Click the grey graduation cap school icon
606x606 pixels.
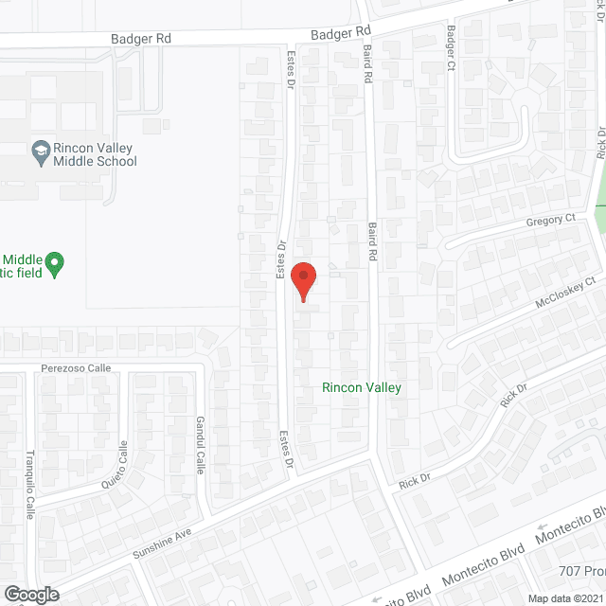pos(41,150)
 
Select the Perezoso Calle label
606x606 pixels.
pos(76,367)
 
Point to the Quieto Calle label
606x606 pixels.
pos(115,466)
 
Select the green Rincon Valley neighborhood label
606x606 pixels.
pos(362,387)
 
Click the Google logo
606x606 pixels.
pos(31,594)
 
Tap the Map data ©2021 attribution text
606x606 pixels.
pos(564,598)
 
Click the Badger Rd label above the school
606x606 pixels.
pos(140,40)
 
